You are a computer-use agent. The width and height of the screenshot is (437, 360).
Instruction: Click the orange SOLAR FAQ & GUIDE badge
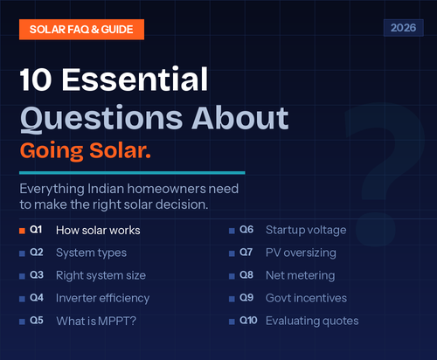click(80, 29)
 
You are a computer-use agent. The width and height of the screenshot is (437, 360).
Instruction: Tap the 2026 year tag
click(402, 28)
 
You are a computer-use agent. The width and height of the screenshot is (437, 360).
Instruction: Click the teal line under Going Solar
click(131, 172)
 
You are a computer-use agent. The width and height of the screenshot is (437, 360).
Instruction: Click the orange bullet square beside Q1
click(21, 230)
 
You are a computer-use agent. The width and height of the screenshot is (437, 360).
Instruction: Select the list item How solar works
click(98, 231)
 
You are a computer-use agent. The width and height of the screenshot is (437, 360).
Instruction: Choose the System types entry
click(91, 253)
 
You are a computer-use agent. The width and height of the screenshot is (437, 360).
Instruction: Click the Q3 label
click(37, 275)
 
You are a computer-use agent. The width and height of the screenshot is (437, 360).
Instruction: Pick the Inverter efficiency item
click(102, 298)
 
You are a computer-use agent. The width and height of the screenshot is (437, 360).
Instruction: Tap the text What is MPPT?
click(95, 321)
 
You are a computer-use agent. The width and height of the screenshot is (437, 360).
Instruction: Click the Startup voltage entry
click(306, 230)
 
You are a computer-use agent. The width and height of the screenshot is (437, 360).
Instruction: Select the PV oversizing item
click(300, 253)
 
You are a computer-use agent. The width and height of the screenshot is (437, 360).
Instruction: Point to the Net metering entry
click(300, 275)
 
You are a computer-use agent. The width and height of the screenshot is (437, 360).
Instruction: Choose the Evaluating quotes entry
click(312, 321)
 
